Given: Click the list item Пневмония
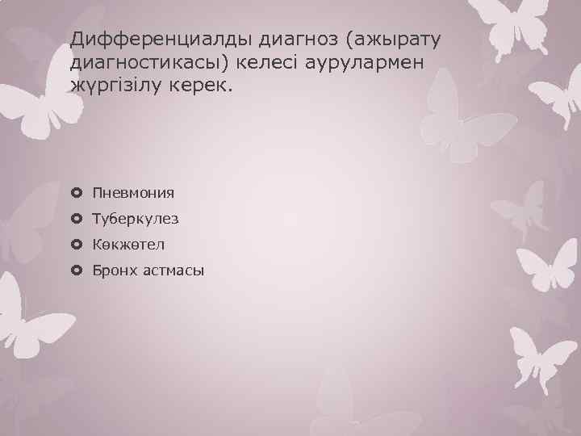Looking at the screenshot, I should (133, 193).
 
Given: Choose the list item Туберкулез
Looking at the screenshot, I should (136, 219).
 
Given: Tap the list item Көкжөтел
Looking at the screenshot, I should (129, 244).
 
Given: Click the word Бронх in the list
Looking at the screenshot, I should (112, 270).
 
